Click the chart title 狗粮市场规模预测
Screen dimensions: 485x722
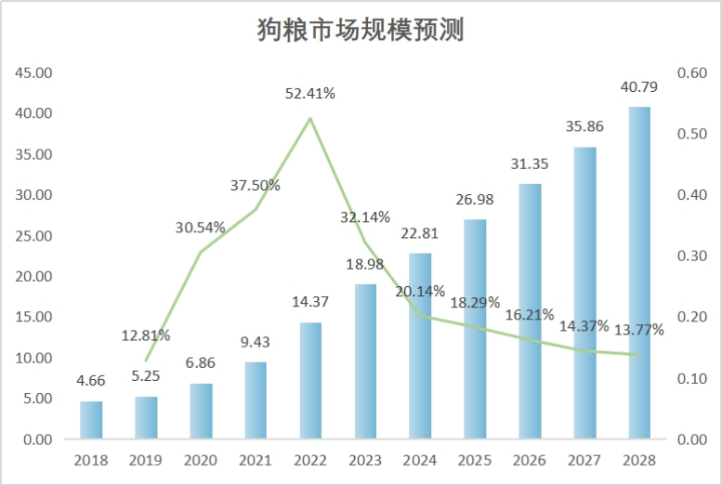tap(360, 30)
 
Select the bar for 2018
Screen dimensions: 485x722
tap(91, 420)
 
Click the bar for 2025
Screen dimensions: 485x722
tap(475, 329)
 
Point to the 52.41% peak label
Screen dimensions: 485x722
tap(310, 93)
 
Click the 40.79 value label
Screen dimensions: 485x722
tap(639, 89)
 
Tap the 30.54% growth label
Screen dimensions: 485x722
tap(202, 227)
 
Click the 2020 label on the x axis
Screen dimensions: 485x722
tap(202, 460)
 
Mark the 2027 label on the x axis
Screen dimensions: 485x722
tap(584, 460)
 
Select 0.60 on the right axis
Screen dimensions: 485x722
tap(692, 72)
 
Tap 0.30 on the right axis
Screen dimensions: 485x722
tap(692, 256)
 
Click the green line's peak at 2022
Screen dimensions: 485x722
tap(310, 118)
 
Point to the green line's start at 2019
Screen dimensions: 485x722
tap(146, 360)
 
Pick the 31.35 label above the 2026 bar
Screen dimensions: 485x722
tap(530, 164)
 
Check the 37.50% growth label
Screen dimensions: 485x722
tap(256, 185)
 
